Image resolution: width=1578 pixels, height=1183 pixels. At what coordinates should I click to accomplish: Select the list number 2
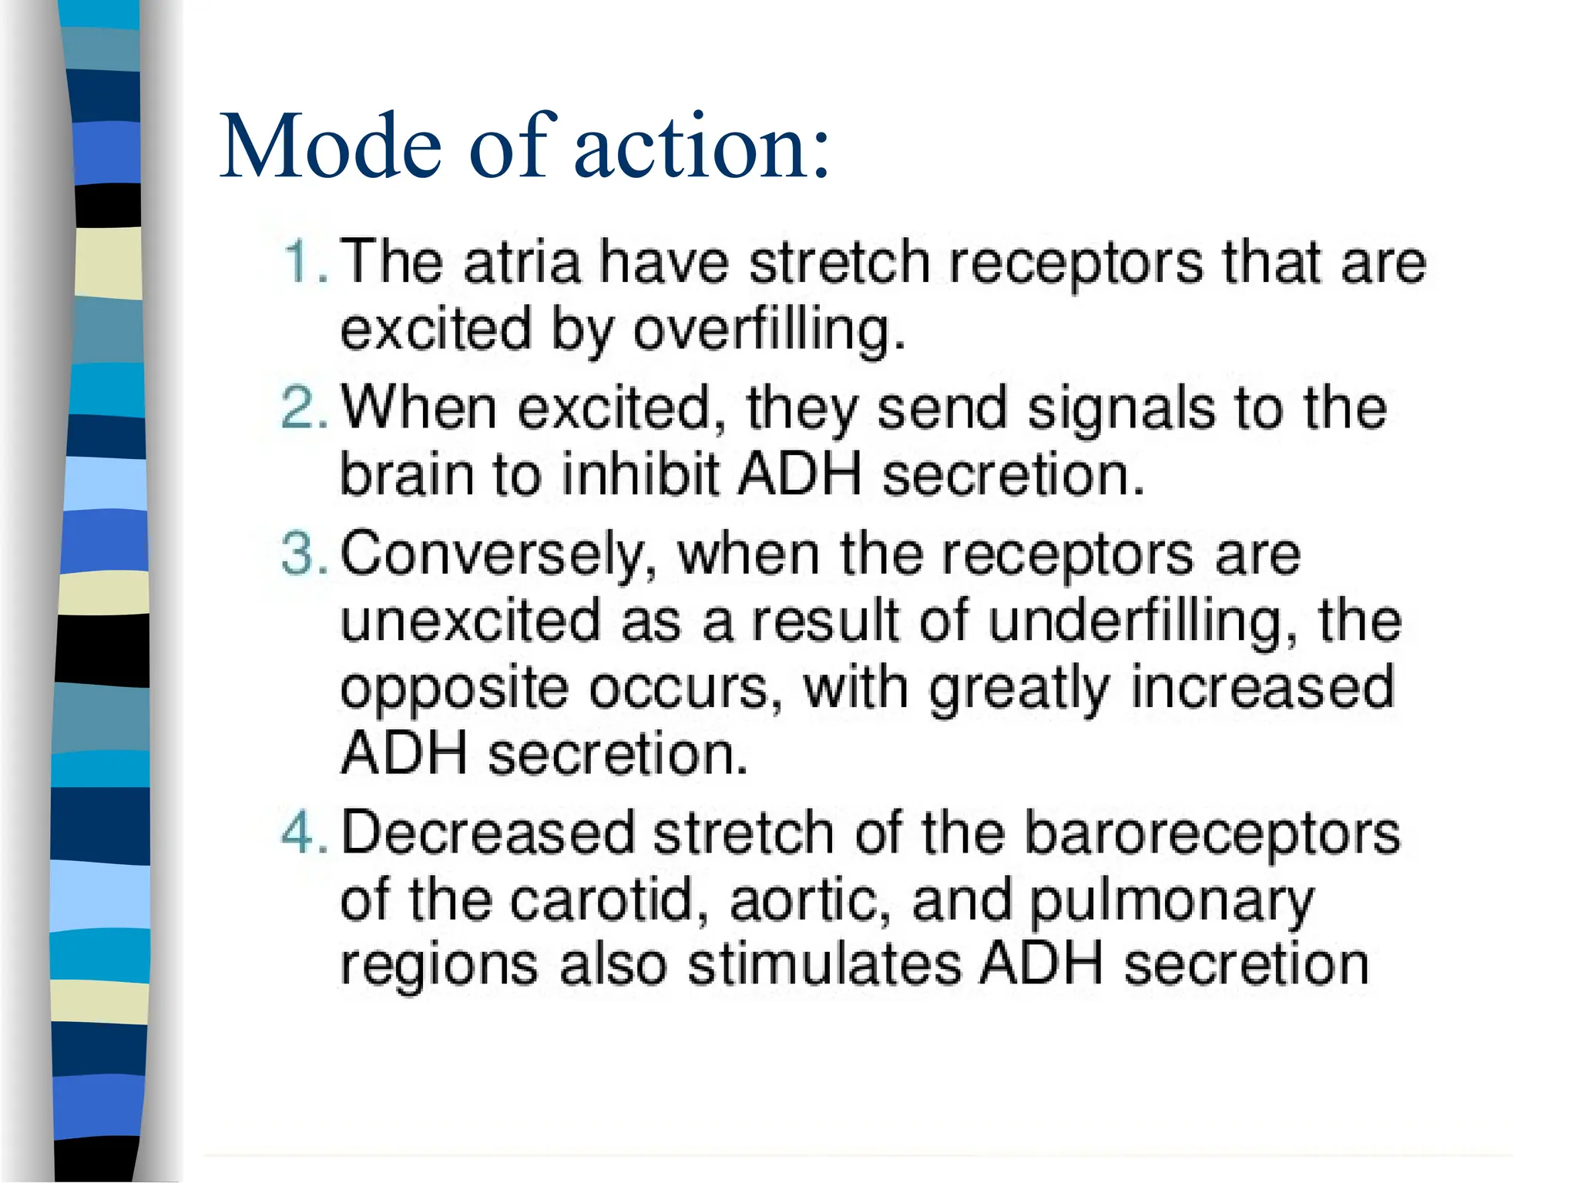(304, 408)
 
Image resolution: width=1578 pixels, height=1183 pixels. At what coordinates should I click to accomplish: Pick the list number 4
(304, 833)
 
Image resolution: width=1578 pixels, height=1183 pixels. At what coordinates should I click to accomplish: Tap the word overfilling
(767, 330)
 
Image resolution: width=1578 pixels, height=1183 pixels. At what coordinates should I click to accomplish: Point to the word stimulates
(824, 964)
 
